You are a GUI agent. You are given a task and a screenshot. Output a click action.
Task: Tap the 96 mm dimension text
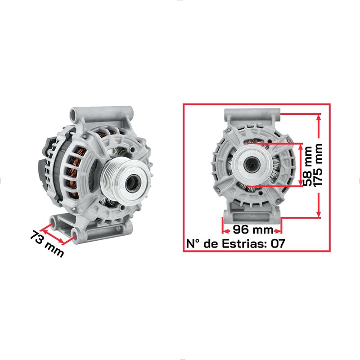253,229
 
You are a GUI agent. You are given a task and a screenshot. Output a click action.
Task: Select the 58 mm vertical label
307,166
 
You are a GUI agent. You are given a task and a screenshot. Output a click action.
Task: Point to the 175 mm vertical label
318,165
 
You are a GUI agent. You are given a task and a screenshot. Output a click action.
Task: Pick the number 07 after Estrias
278,243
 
